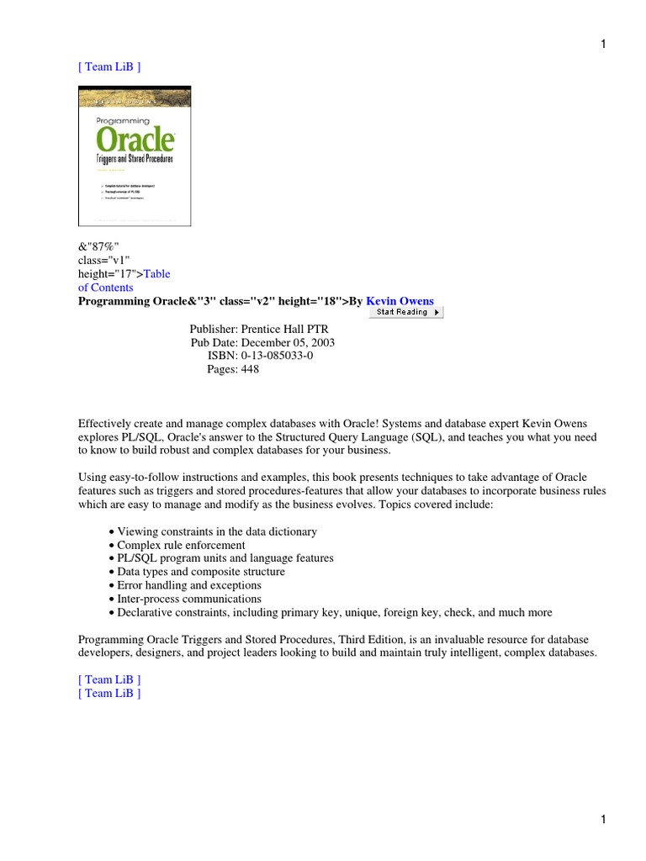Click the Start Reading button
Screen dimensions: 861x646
pos(405,312)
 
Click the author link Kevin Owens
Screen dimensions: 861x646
pos(400,301)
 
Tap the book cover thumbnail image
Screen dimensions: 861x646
pos(135,156)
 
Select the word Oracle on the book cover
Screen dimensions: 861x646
pos(135,139)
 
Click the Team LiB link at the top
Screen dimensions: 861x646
pos(109,67)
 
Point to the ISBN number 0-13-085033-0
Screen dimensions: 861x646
pos(277,357)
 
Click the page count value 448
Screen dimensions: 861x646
pos(250,370)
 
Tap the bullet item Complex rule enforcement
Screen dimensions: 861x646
pos(181,545)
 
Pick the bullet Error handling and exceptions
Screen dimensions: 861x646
pos(189,585)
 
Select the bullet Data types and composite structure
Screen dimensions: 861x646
pos(201,572)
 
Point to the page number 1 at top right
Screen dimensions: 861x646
pos(603,45)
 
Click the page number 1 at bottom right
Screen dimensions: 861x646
pos(603,819)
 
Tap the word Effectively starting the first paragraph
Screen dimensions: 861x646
pos(106,424)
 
